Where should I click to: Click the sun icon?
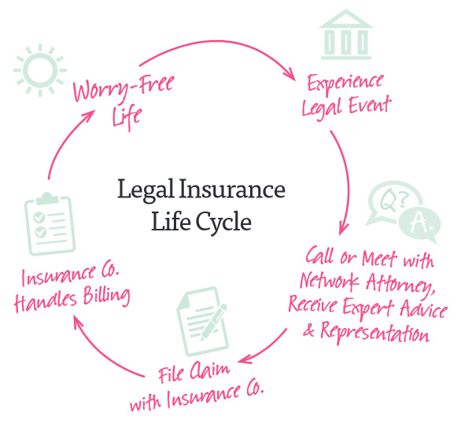(40, 70)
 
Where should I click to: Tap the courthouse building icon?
(346, 35)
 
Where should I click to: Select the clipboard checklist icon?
(50, 224)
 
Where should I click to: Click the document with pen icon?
(202, 321)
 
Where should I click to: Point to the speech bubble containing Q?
(391, 202)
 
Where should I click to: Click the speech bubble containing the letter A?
(420, 224)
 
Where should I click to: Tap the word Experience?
(345, 83)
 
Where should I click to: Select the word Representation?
(375, 333)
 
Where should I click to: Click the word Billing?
(106, 296)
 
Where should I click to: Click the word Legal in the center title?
(146, 190)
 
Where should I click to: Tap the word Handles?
(46, 301)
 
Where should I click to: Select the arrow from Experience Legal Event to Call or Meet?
(345, 181)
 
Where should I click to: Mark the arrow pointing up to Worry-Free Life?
(64, 140)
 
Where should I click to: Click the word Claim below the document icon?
(210, 370)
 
